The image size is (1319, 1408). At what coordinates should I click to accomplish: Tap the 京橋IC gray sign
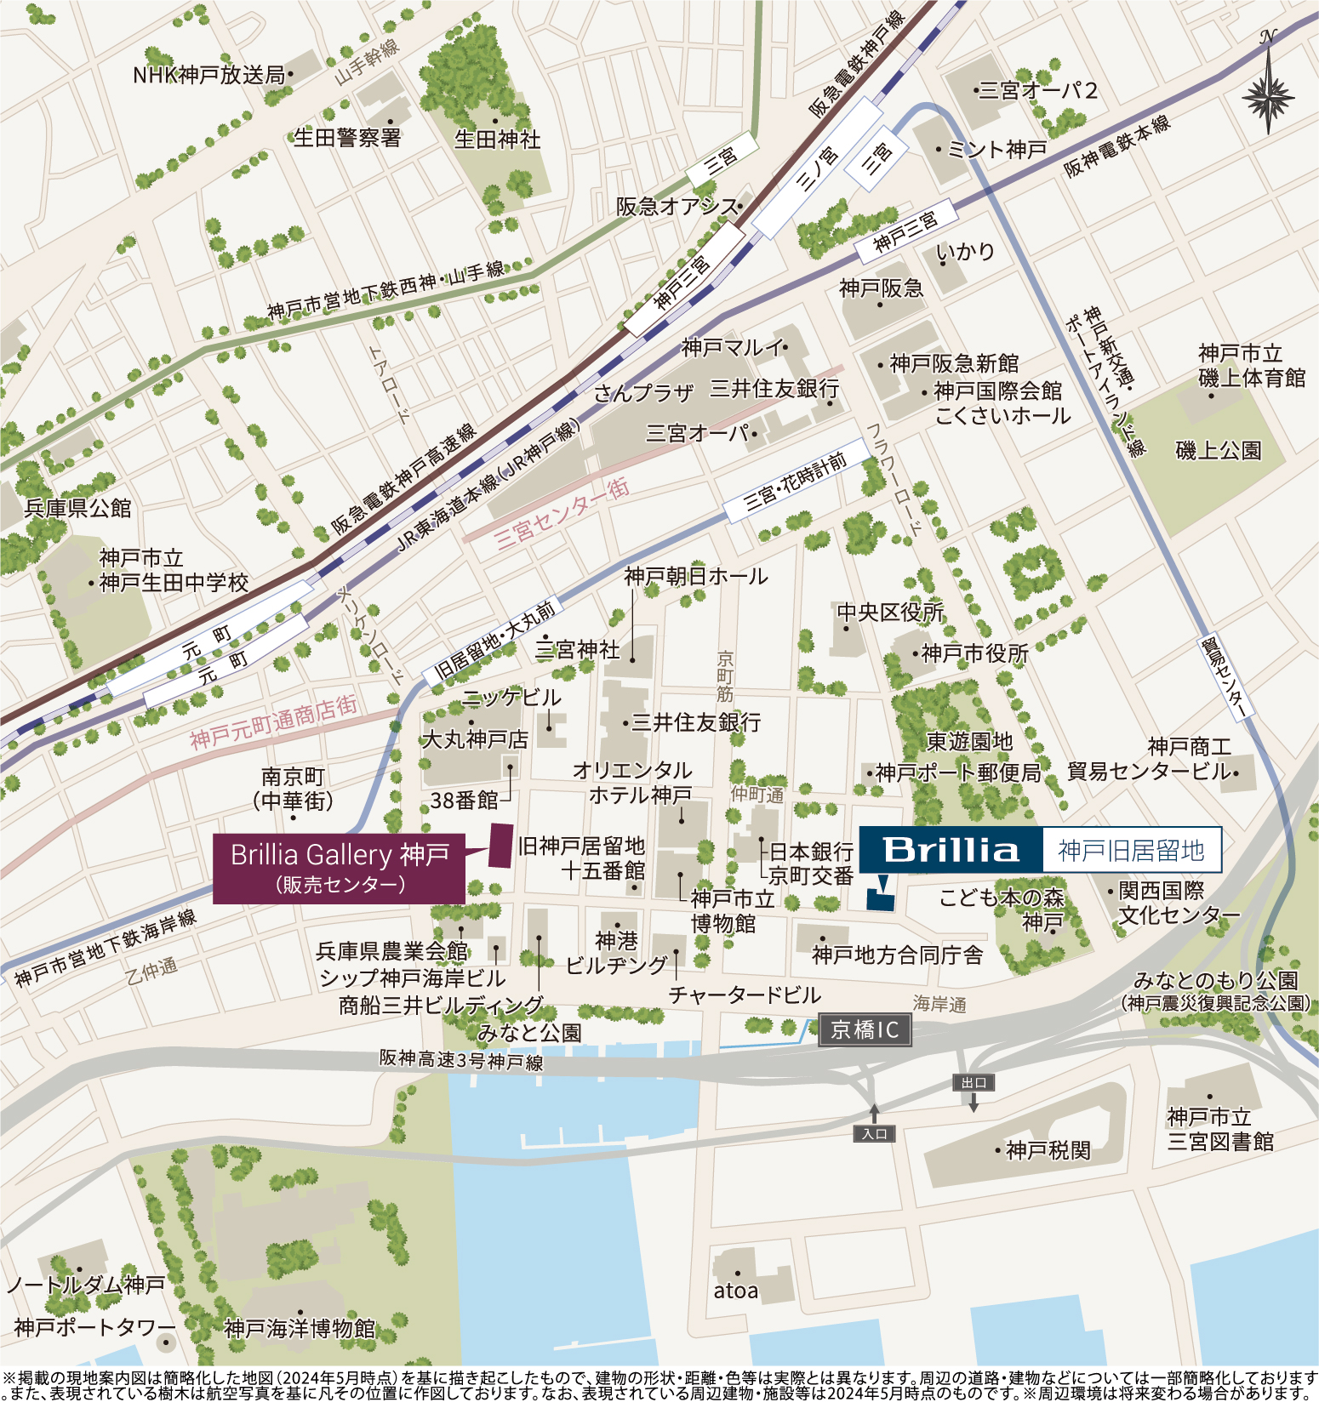[865, 1030]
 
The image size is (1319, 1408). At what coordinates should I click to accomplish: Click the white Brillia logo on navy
[951, 850]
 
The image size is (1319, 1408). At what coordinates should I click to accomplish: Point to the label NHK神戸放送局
[208, 75]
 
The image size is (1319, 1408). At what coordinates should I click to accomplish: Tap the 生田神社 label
[497, 139]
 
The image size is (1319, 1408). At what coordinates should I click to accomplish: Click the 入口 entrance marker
[874, 1133]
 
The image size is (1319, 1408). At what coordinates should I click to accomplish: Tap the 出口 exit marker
[974, 1083]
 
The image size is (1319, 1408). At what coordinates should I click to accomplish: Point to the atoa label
[735, 1291]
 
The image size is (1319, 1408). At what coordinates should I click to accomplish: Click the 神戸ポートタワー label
[94, 1327]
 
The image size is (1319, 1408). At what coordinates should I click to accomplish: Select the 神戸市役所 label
[974, 653]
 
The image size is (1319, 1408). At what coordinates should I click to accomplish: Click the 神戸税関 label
[1048, 1150]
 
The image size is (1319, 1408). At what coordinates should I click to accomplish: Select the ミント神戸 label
[996, 150]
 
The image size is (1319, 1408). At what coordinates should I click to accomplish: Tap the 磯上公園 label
[1218, 450]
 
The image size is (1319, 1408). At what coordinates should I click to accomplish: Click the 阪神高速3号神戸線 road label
[460, 1060]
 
